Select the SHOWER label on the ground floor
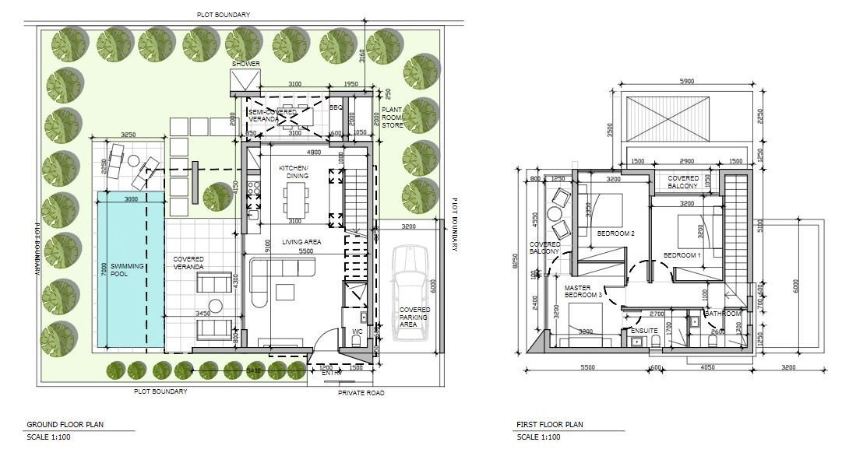pos(245,64)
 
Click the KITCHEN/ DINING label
pos(294,172)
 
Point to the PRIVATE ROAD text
pos(361,393)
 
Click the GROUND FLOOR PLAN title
pos(65,425)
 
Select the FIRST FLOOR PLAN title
pos(549,425)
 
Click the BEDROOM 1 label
pos(682,255)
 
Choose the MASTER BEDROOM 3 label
pos(583,292)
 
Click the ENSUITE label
pos(644,331)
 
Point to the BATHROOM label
pos(724,314)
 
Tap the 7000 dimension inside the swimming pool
pos(103,268)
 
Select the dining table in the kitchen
pos(294,205)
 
